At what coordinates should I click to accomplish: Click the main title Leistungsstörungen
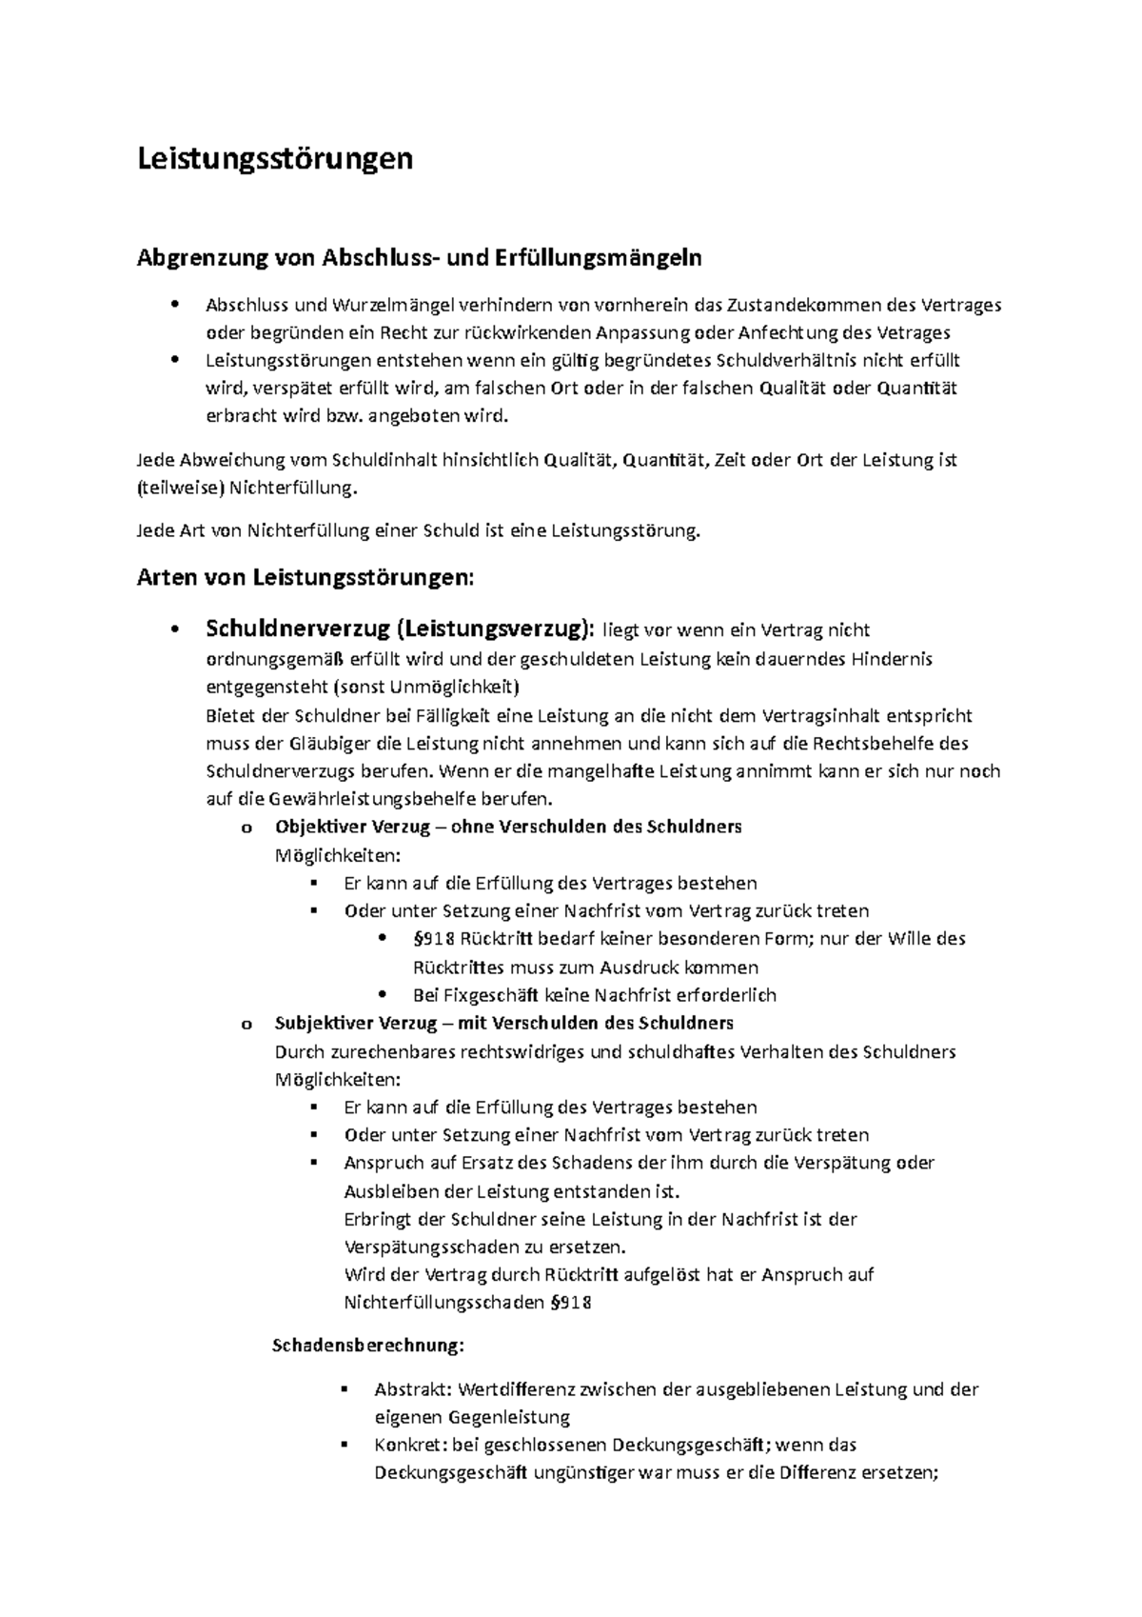pyautogui.click(x=275, y=158)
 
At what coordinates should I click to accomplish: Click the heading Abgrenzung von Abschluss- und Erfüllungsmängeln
pyautogui.click(x=420, y=257)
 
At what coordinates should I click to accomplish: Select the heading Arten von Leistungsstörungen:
pyautogui.click(x=305, y=577)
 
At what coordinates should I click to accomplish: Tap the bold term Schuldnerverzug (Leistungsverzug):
pyautogui.click(x=399, y=629)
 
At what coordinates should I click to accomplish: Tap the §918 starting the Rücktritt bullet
pyautogui.click(x=434, y=939)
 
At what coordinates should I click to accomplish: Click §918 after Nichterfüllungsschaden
pyautogui.click(x=571, y=1304)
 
